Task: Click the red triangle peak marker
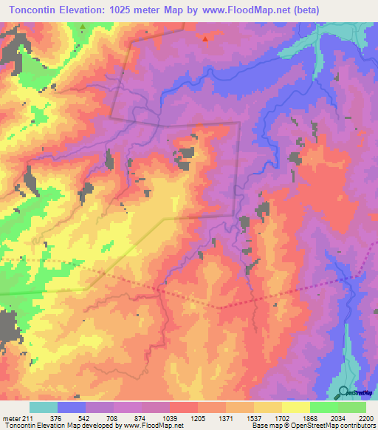click(x=205, y=38)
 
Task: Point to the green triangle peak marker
click(x=83, y=27)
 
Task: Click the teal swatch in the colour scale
click(x=44, y=406)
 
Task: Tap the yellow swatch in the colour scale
click(x=295, y=406)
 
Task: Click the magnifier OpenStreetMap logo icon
click(x=343, y=392)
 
